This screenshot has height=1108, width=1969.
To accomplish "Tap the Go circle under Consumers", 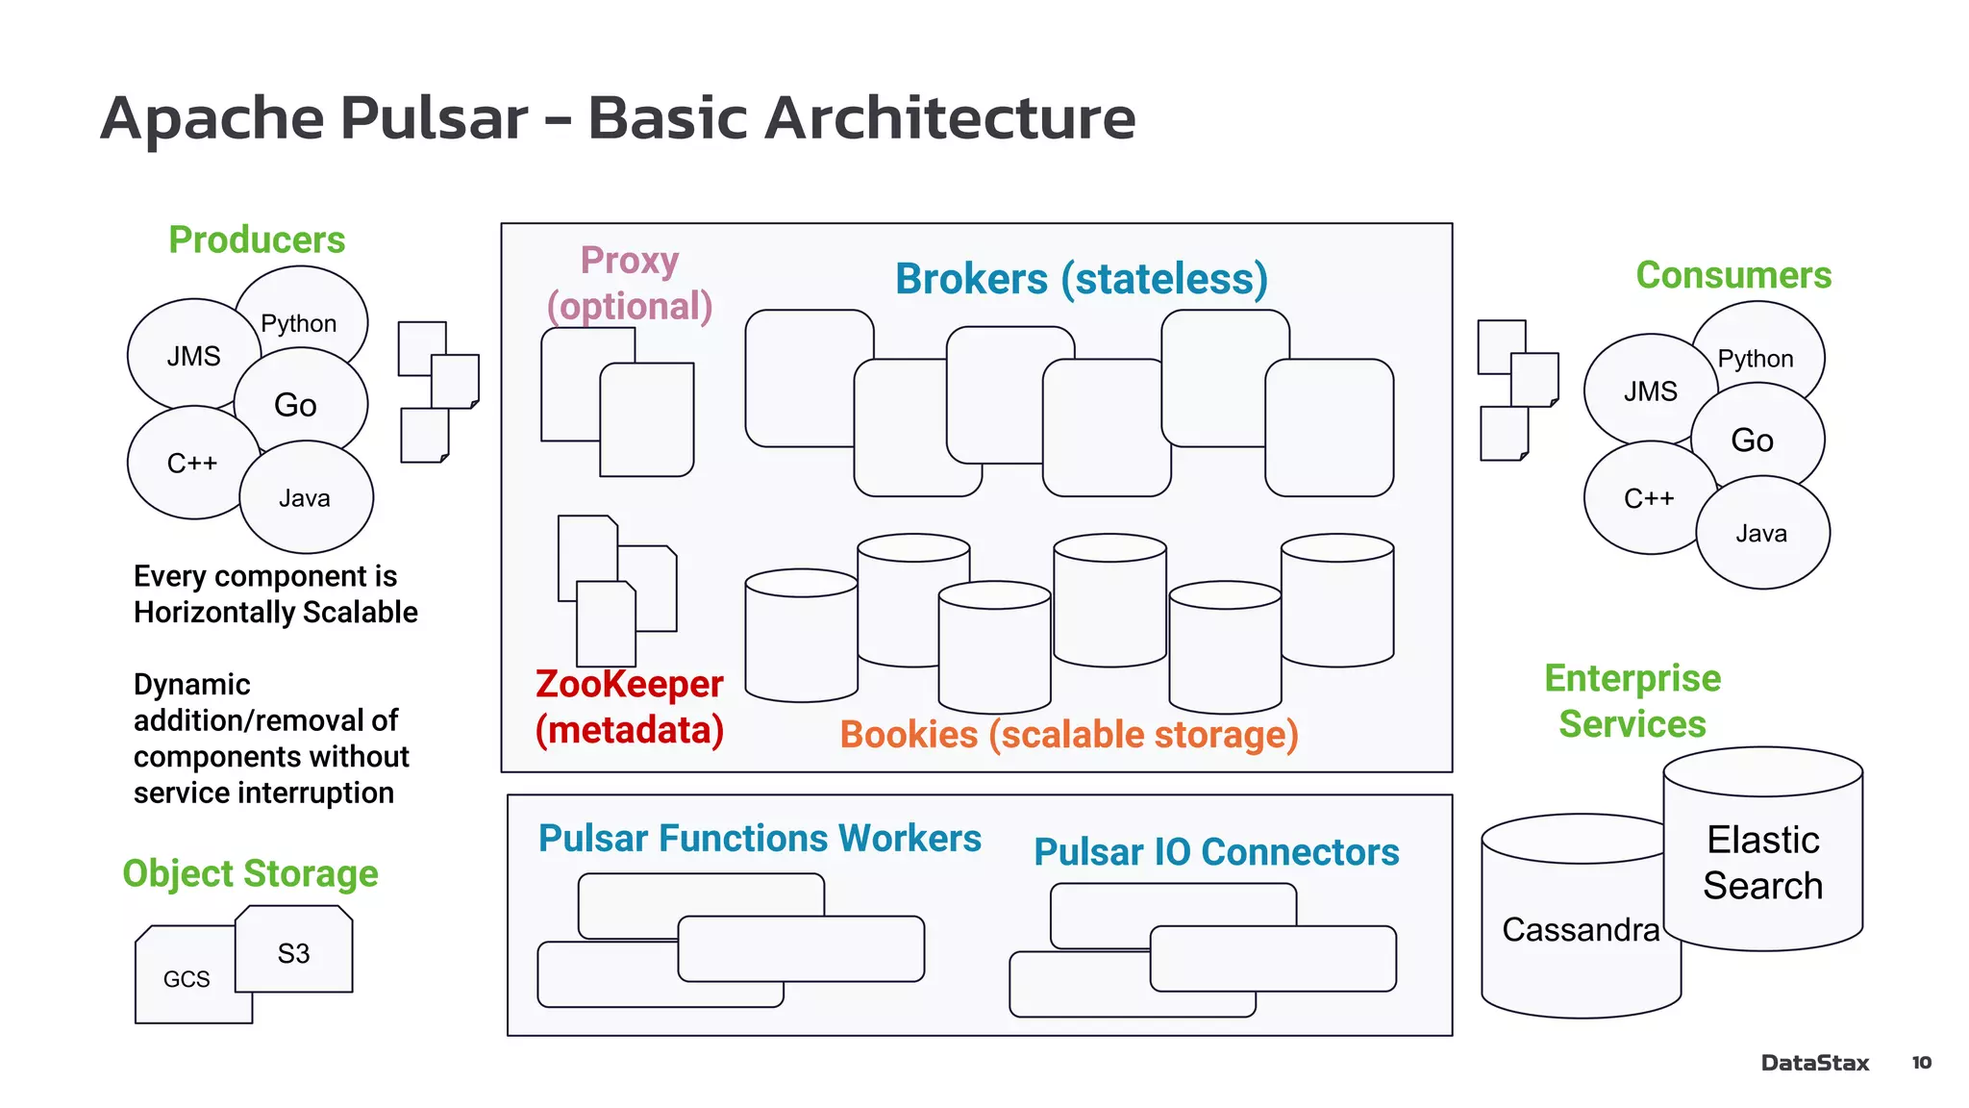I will [x=1752, y=440].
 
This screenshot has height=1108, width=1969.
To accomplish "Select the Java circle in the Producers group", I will [x=305, y=498].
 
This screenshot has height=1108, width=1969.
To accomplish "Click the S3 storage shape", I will [x=293, y=953].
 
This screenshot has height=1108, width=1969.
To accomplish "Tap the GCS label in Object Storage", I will [x=187, y=979].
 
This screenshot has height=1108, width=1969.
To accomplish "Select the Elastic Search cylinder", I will [x=1762, y=863].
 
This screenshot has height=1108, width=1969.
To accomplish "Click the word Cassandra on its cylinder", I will [x=1580, y=929].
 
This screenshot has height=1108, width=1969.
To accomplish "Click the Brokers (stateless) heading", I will [x=1081, y=279].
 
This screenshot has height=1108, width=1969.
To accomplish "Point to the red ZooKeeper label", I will [x=629, y=685].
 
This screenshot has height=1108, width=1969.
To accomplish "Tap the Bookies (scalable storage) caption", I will [x=1068, y=735].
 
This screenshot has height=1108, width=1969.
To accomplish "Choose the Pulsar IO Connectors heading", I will [x=1215, y=852].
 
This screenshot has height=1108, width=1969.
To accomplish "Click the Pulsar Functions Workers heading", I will [x=759, y=839].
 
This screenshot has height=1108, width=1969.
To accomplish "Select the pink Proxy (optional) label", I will [x=630, y=283].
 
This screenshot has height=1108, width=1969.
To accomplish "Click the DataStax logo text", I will [x=1814, y=1063].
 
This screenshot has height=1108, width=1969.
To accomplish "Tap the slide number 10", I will [x=1921, y=1063].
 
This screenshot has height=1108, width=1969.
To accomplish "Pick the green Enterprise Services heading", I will [x=1632, y=700].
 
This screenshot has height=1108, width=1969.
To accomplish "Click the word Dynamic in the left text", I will [x=191, y=685].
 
